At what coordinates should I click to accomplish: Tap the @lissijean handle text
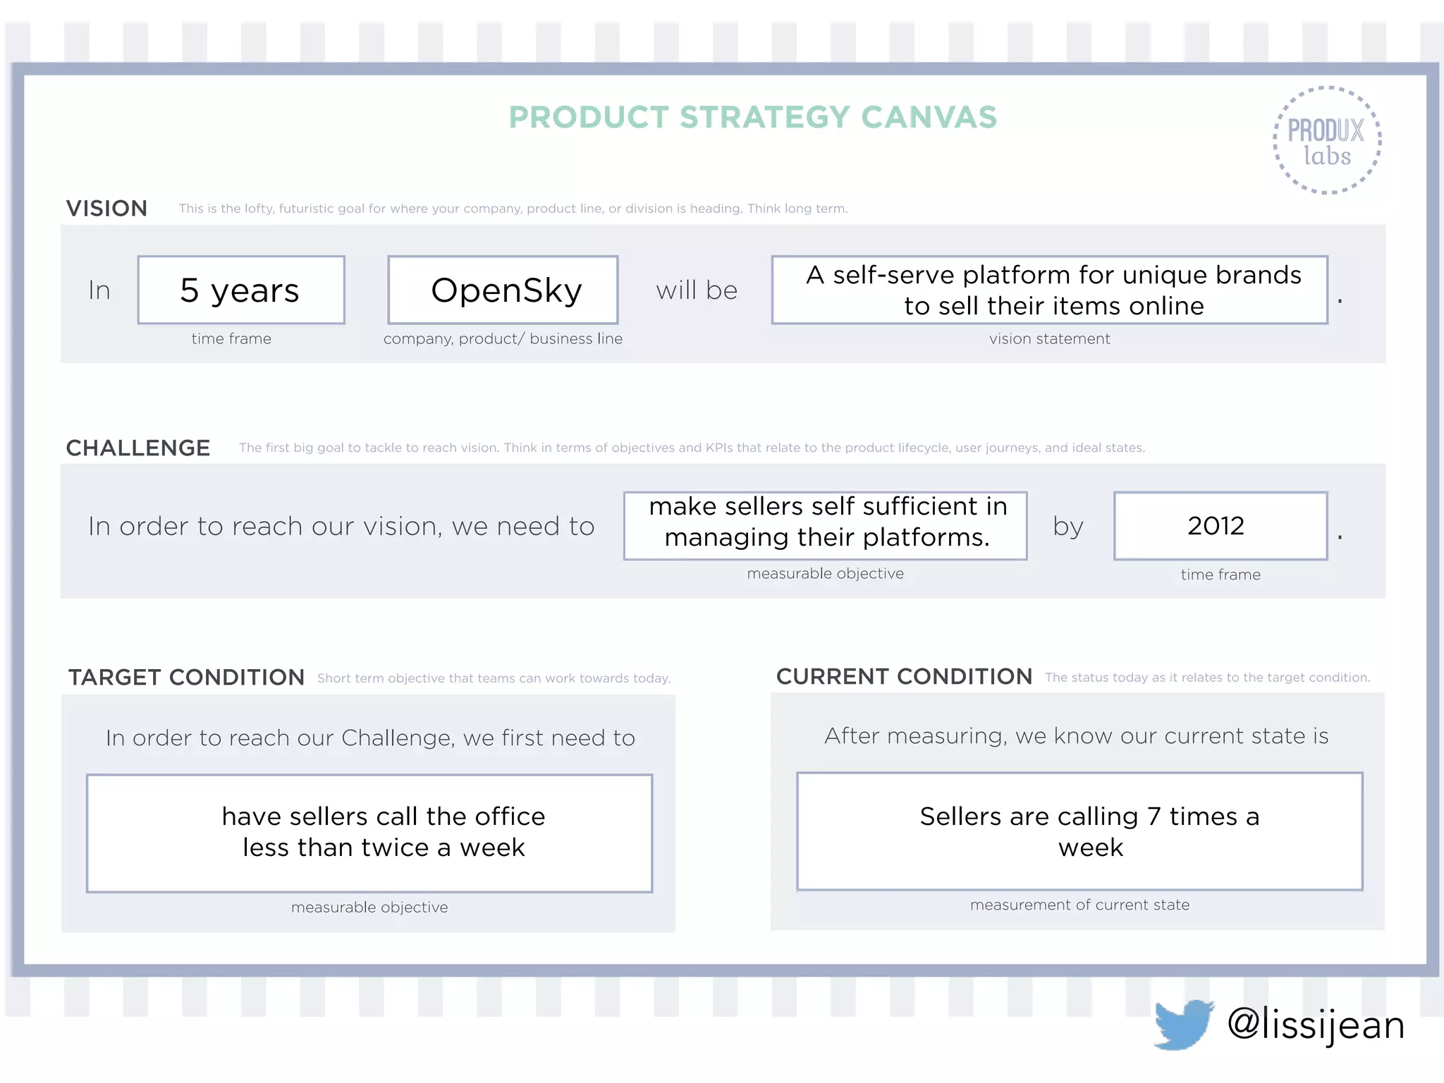[x=1316, y=1024]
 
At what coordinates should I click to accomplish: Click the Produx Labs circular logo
[x=1326, y=140]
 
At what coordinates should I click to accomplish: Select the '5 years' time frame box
[x=241, y=290]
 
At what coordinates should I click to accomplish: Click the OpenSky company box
[x=503, y=290]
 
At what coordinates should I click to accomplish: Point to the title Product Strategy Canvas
[x=752, y=117]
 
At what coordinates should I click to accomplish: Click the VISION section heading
[x=106, y=208]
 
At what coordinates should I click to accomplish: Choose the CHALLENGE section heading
[x=138, y=448]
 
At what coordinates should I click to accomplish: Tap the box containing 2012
[x=1220, y=526]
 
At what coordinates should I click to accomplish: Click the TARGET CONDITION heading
[x=186, y=677]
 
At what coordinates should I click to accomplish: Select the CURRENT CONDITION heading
[x=904, y=676]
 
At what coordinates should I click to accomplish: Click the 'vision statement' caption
[x=1049, y=339]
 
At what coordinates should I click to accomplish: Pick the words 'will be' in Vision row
[x=697, y=290]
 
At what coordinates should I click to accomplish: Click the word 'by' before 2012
[x=1067, y=526]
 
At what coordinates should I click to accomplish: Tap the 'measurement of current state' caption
[x=1079, y=905]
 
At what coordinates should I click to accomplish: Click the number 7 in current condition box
[x=1154, y=816]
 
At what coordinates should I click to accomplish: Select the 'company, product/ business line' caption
[x=503, y=339]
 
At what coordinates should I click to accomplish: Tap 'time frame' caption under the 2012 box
[x=1220, y=575]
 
